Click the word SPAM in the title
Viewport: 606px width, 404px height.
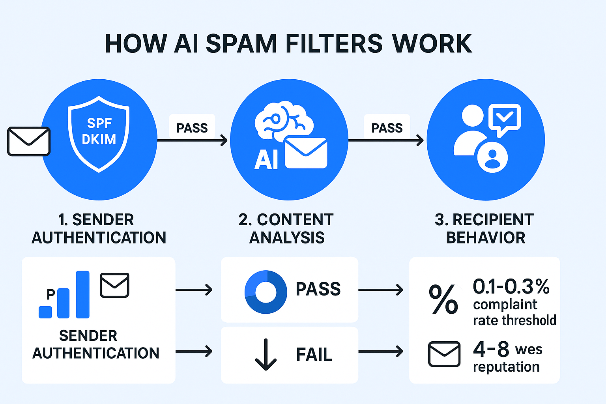point(241,43)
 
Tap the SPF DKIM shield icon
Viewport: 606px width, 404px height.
point(99,134)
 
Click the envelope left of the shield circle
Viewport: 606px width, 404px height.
point(29,141)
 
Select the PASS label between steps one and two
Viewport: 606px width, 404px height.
point(192,128)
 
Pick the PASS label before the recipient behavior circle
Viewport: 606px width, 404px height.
point(387,128)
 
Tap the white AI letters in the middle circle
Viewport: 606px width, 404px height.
point(266,160)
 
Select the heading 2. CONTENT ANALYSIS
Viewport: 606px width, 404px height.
point(286,229)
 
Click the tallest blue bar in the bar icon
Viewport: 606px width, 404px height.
point(82,294)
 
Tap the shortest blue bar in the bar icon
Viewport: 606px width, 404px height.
point(45,312)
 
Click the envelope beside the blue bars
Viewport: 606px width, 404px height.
point(114,285)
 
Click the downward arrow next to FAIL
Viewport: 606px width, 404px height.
point(266,354)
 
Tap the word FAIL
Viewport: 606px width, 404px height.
point(314,354)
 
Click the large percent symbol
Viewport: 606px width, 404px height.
point(444,299)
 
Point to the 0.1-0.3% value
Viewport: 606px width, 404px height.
point(511,286)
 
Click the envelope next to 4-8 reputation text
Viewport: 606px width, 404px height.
point(444,354)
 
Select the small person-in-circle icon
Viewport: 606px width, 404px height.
point(492,157)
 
